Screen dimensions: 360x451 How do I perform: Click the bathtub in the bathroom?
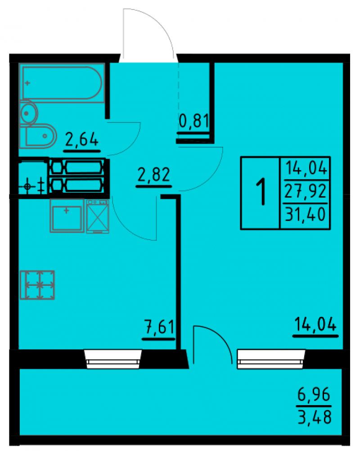click(62, 83)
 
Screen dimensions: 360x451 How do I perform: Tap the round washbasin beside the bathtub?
click(29, 113)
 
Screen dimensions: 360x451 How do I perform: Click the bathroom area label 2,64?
click(82, 140)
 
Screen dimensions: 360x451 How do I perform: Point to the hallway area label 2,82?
click(153, 175)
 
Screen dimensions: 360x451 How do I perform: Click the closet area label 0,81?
click(193, 121)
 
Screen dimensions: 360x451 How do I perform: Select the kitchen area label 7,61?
click(159, 327)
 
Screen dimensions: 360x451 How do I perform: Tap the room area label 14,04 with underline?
click(315, 325)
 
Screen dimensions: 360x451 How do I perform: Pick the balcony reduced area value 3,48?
click(314, 417)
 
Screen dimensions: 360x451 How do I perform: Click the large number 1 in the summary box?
click(261, 191)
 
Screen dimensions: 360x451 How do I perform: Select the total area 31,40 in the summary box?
click(306, 215)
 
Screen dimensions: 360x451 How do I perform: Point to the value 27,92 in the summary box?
click(306, 191)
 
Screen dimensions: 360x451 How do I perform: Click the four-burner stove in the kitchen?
click(37, 285)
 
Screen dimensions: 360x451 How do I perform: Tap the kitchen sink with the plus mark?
click(67, 216)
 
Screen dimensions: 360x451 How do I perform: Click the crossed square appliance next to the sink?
click(98, 216)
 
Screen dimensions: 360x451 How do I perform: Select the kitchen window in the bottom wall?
click(113, 359)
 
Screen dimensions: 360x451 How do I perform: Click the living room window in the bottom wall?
click(271, 359)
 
